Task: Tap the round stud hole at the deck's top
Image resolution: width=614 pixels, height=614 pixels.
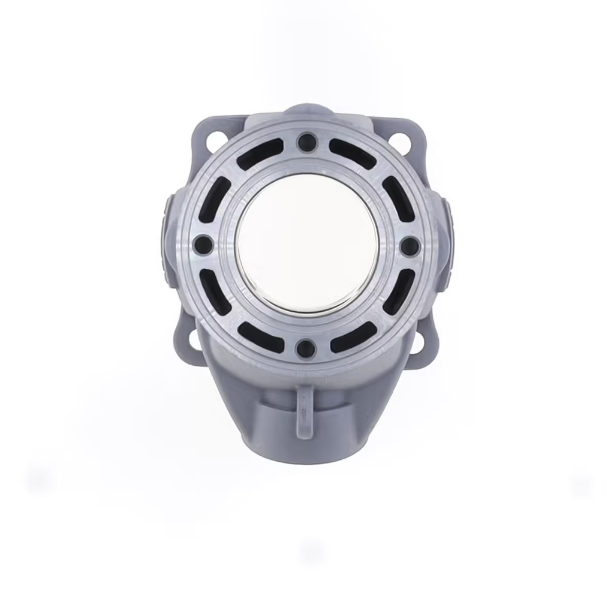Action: (307, 142)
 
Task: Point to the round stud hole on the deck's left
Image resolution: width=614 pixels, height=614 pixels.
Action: (203, 245)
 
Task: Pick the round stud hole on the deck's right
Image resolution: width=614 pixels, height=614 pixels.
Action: (410, 245)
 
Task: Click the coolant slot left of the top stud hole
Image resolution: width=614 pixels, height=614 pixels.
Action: (260, 153)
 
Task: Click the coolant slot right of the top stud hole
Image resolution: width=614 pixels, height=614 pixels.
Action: (353, 153)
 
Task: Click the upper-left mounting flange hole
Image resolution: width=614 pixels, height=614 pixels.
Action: (214, 142)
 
